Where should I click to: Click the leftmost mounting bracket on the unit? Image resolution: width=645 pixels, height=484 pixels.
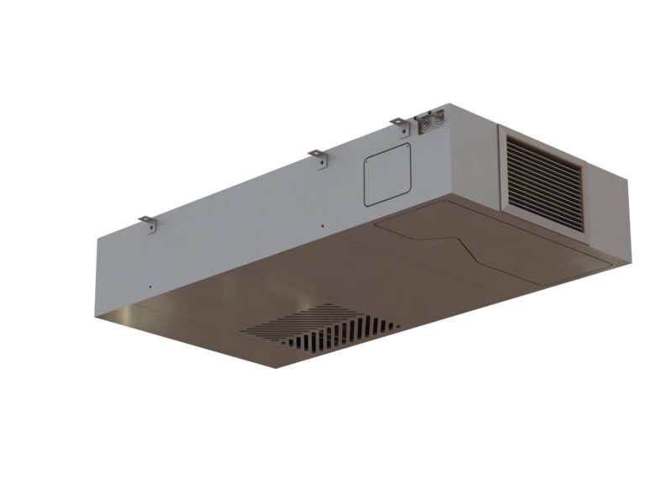coord(148,223)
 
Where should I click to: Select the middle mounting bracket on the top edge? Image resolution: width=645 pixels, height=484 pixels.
coord(317,157)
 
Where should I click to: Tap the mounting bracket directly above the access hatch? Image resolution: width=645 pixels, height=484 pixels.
coord(398,124)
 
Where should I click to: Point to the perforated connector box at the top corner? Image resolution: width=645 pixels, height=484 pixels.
coord(429,122)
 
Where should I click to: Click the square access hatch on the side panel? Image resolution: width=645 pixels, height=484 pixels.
coord(387,173)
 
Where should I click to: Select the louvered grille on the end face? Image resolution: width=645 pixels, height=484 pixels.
coord(544,183)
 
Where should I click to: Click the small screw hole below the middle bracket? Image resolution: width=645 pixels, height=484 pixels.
coord(322,226)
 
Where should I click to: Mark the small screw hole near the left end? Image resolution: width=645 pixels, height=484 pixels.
coord(149,287)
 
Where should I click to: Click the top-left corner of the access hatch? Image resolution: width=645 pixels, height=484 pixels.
coord(366,157)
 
